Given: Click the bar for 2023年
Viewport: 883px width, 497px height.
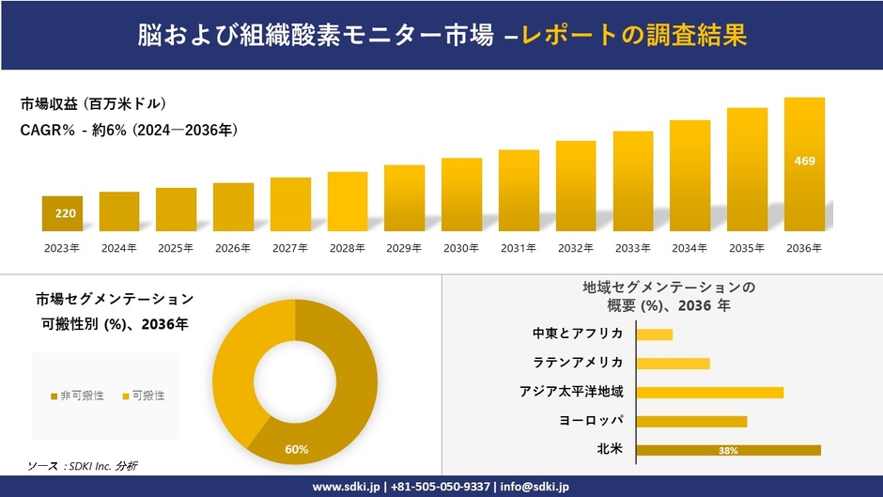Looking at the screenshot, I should pos(62,213).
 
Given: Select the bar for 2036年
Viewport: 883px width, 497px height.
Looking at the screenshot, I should pos(804,164).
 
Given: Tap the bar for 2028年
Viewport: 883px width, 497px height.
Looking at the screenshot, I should pos(348,201).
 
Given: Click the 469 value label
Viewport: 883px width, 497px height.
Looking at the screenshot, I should pos(804,161).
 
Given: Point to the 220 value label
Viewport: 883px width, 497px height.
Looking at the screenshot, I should pos(65,214).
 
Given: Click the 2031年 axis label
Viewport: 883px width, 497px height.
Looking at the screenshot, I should pos(519,248).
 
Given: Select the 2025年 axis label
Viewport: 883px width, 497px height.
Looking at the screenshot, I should pos(176,248).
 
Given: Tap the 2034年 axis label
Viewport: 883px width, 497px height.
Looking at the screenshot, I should pos(689,248).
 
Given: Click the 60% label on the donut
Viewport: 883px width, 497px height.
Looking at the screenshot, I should pos(297,449).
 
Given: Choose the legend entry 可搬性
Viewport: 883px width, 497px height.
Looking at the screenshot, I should pos(143,396).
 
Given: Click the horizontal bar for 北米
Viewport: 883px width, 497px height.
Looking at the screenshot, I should pos(728,450).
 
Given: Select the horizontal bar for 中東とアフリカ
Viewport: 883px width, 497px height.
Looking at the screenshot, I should pos(654,334).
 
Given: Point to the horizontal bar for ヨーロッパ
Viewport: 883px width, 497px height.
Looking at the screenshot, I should pos(691,421).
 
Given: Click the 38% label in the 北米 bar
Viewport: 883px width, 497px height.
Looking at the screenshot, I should pos(727,451).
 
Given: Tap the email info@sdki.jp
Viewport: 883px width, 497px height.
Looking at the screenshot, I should pos(538,487).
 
